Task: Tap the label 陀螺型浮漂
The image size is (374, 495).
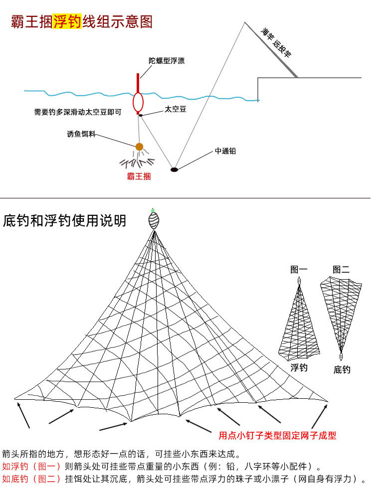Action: (167, 61)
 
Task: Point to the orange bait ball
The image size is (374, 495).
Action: (140, 147)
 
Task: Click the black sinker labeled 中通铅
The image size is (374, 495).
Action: (174, 169)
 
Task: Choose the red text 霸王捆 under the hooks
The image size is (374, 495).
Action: (139, 176)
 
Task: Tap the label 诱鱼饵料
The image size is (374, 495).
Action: (81, 135)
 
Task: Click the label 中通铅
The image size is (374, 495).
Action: (225, 151)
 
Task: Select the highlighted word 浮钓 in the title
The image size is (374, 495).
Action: (67, 22)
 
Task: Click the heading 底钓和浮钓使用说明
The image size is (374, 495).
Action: (65, 220)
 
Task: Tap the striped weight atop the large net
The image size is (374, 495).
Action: (154, 220)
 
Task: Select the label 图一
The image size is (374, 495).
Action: (299, 270)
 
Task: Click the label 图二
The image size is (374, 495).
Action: (341, 270)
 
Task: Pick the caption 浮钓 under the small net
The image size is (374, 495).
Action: (299, 368)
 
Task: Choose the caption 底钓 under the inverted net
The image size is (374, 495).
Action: (342, 369)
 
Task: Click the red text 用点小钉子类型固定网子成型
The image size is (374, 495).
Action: (277, 435)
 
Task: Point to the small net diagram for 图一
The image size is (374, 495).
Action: (299, 322)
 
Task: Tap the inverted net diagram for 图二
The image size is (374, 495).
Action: (341, 314)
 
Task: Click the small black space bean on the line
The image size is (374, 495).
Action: (141, 115)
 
